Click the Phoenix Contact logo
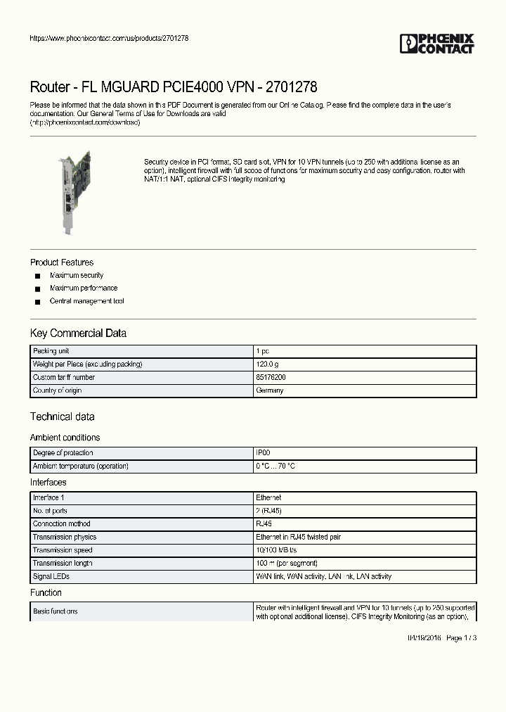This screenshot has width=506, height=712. tap(437, 44)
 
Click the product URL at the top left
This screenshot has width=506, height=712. tap(109, 38)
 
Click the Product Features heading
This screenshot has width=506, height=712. tap(62, 262)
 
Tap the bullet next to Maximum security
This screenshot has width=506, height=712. tap(38, 276)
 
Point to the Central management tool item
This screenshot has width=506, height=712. tap(86, 301)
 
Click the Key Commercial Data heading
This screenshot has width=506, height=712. tap(78, 333)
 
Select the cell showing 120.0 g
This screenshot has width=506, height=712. tap(267, 364)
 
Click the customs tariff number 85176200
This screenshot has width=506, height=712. tap(271, 378)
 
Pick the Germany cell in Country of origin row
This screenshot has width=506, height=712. tap(269, 390)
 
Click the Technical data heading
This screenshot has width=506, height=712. tap(63, 417)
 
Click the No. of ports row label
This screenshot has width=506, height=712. tap(50, 511)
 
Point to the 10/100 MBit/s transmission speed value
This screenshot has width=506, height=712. tap(276, 550)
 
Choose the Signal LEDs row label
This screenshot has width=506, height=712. tap(51, 576)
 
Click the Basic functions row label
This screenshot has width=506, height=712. tap(56, 611)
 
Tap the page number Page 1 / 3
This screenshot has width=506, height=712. tap(462, 637)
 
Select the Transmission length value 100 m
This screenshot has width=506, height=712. tap(286, 563)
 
